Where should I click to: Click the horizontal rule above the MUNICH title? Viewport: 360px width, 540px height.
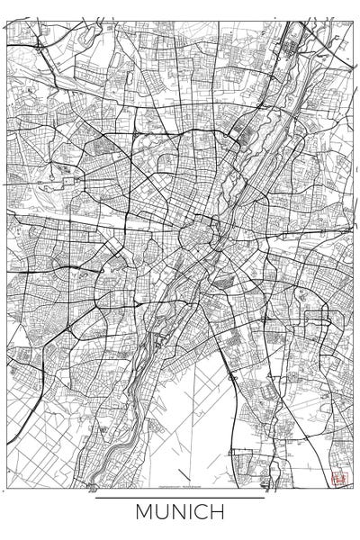(180, 498)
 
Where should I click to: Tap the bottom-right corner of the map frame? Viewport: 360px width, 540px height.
(354, 487)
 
